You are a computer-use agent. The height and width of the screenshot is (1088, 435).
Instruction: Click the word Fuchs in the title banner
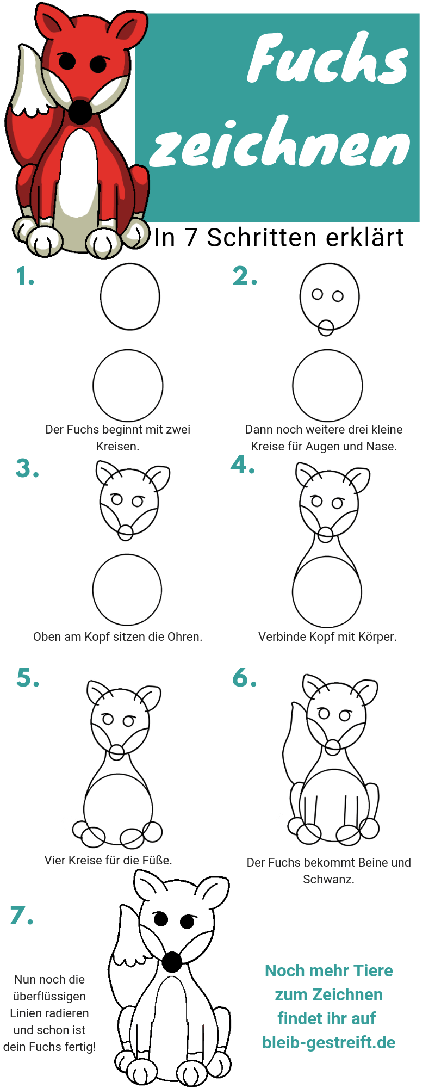328,59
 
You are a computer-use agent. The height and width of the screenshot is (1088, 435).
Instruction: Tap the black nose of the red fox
80,112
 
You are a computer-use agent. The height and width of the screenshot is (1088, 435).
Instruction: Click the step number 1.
25,276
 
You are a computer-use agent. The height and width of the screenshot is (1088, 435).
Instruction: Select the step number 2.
245,276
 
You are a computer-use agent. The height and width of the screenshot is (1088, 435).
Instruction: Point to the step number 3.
27,468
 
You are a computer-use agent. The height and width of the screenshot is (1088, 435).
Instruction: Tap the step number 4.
243,465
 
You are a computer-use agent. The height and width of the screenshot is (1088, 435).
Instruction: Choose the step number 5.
28,678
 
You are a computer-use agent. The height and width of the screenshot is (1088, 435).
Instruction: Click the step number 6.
245,678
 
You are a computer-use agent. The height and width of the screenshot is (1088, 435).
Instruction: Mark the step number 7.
22,915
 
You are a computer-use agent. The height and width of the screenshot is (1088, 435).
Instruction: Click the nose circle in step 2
326,327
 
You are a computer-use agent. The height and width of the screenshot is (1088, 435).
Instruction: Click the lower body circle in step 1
128,385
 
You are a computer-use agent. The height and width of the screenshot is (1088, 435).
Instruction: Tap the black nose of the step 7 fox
172,962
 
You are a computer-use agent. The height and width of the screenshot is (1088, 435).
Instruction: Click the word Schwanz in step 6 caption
328,879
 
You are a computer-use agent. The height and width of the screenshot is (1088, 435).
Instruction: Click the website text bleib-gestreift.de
329,1042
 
